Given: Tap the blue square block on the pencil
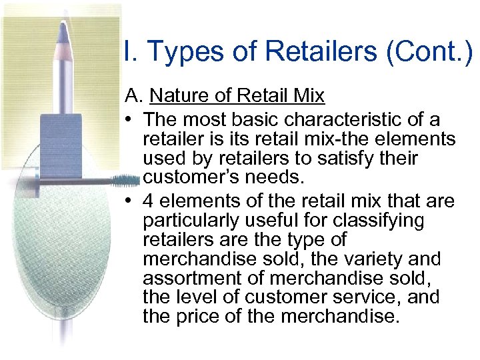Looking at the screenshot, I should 61,143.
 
